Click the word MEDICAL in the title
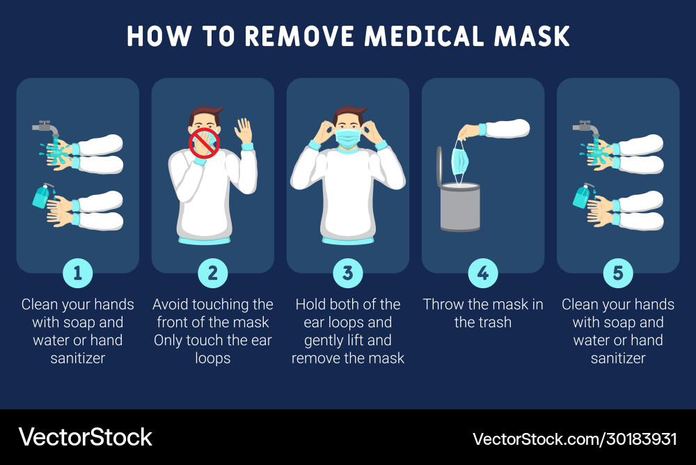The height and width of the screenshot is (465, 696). [425, 36]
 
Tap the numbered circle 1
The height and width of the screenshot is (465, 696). [78, 273]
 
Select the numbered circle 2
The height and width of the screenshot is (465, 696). [212, 273]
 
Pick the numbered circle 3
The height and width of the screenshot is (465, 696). [348, 273]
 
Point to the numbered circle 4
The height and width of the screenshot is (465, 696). [483, 273]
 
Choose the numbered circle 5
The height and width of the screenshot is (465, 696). [618, 273]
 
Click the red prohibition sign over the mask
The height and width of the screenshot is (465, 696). [205, 143]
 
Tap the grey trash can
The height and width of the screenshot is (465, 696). [460, 207]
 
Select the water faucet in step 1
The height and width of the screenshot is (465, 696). [46, 128]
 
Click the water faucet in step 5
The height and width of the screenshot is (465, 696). [586, 128]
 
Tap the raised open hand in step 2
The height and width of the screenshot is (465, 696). [243, 131]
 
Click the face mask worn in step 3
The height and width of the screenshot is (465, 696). [348, 138]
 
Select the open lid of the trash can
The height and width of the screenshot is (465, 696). [439, 166]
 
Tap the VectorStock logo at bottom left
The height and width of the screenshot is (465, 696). [85, 437]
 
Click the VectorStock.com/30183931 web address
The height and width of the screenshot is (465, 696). [575, 439]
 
